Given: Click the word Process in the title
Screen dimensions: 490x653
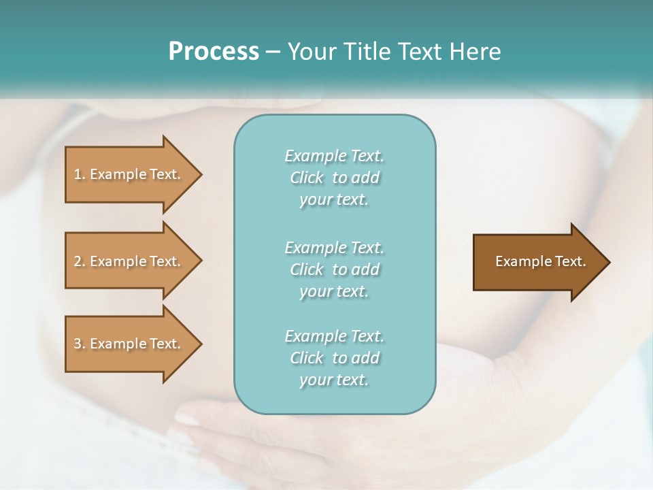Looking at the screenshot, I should [214, 52].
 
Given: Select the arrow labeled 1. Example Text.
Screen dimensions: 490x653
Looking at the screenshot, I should [129, 174].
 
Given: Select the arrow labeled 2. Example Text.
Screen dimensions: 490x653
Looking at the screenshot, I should [129, 261].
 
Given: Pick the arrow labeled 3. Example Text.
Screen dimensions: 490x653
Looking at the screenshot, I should [129, 344].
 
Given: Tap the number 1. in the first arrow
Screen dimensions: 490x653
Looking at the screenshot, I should [80, 174].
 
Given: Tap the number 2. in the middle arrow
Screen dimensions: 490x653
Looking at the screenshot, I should [80, 261].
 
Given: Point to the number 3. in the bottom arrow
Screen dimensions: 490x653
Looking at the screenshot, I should [80, 344].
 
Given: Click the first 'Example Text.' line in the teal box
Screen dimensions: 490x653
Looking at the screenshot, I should [334, 156].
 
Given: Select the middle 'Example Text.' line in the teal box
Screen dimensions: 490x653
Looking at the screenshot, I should [334, 248].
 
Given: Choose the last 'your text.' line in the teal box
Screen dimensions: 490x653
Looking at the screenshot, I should [334, 380].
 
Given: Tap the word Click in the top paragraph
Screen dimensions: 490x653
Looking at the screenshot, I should [306, 178].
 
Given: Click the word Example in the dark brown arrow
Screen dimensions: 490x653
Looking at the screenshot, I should [519, 261].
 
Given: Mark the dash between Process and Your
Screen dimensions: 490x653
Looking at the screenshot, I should [273, 52].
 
